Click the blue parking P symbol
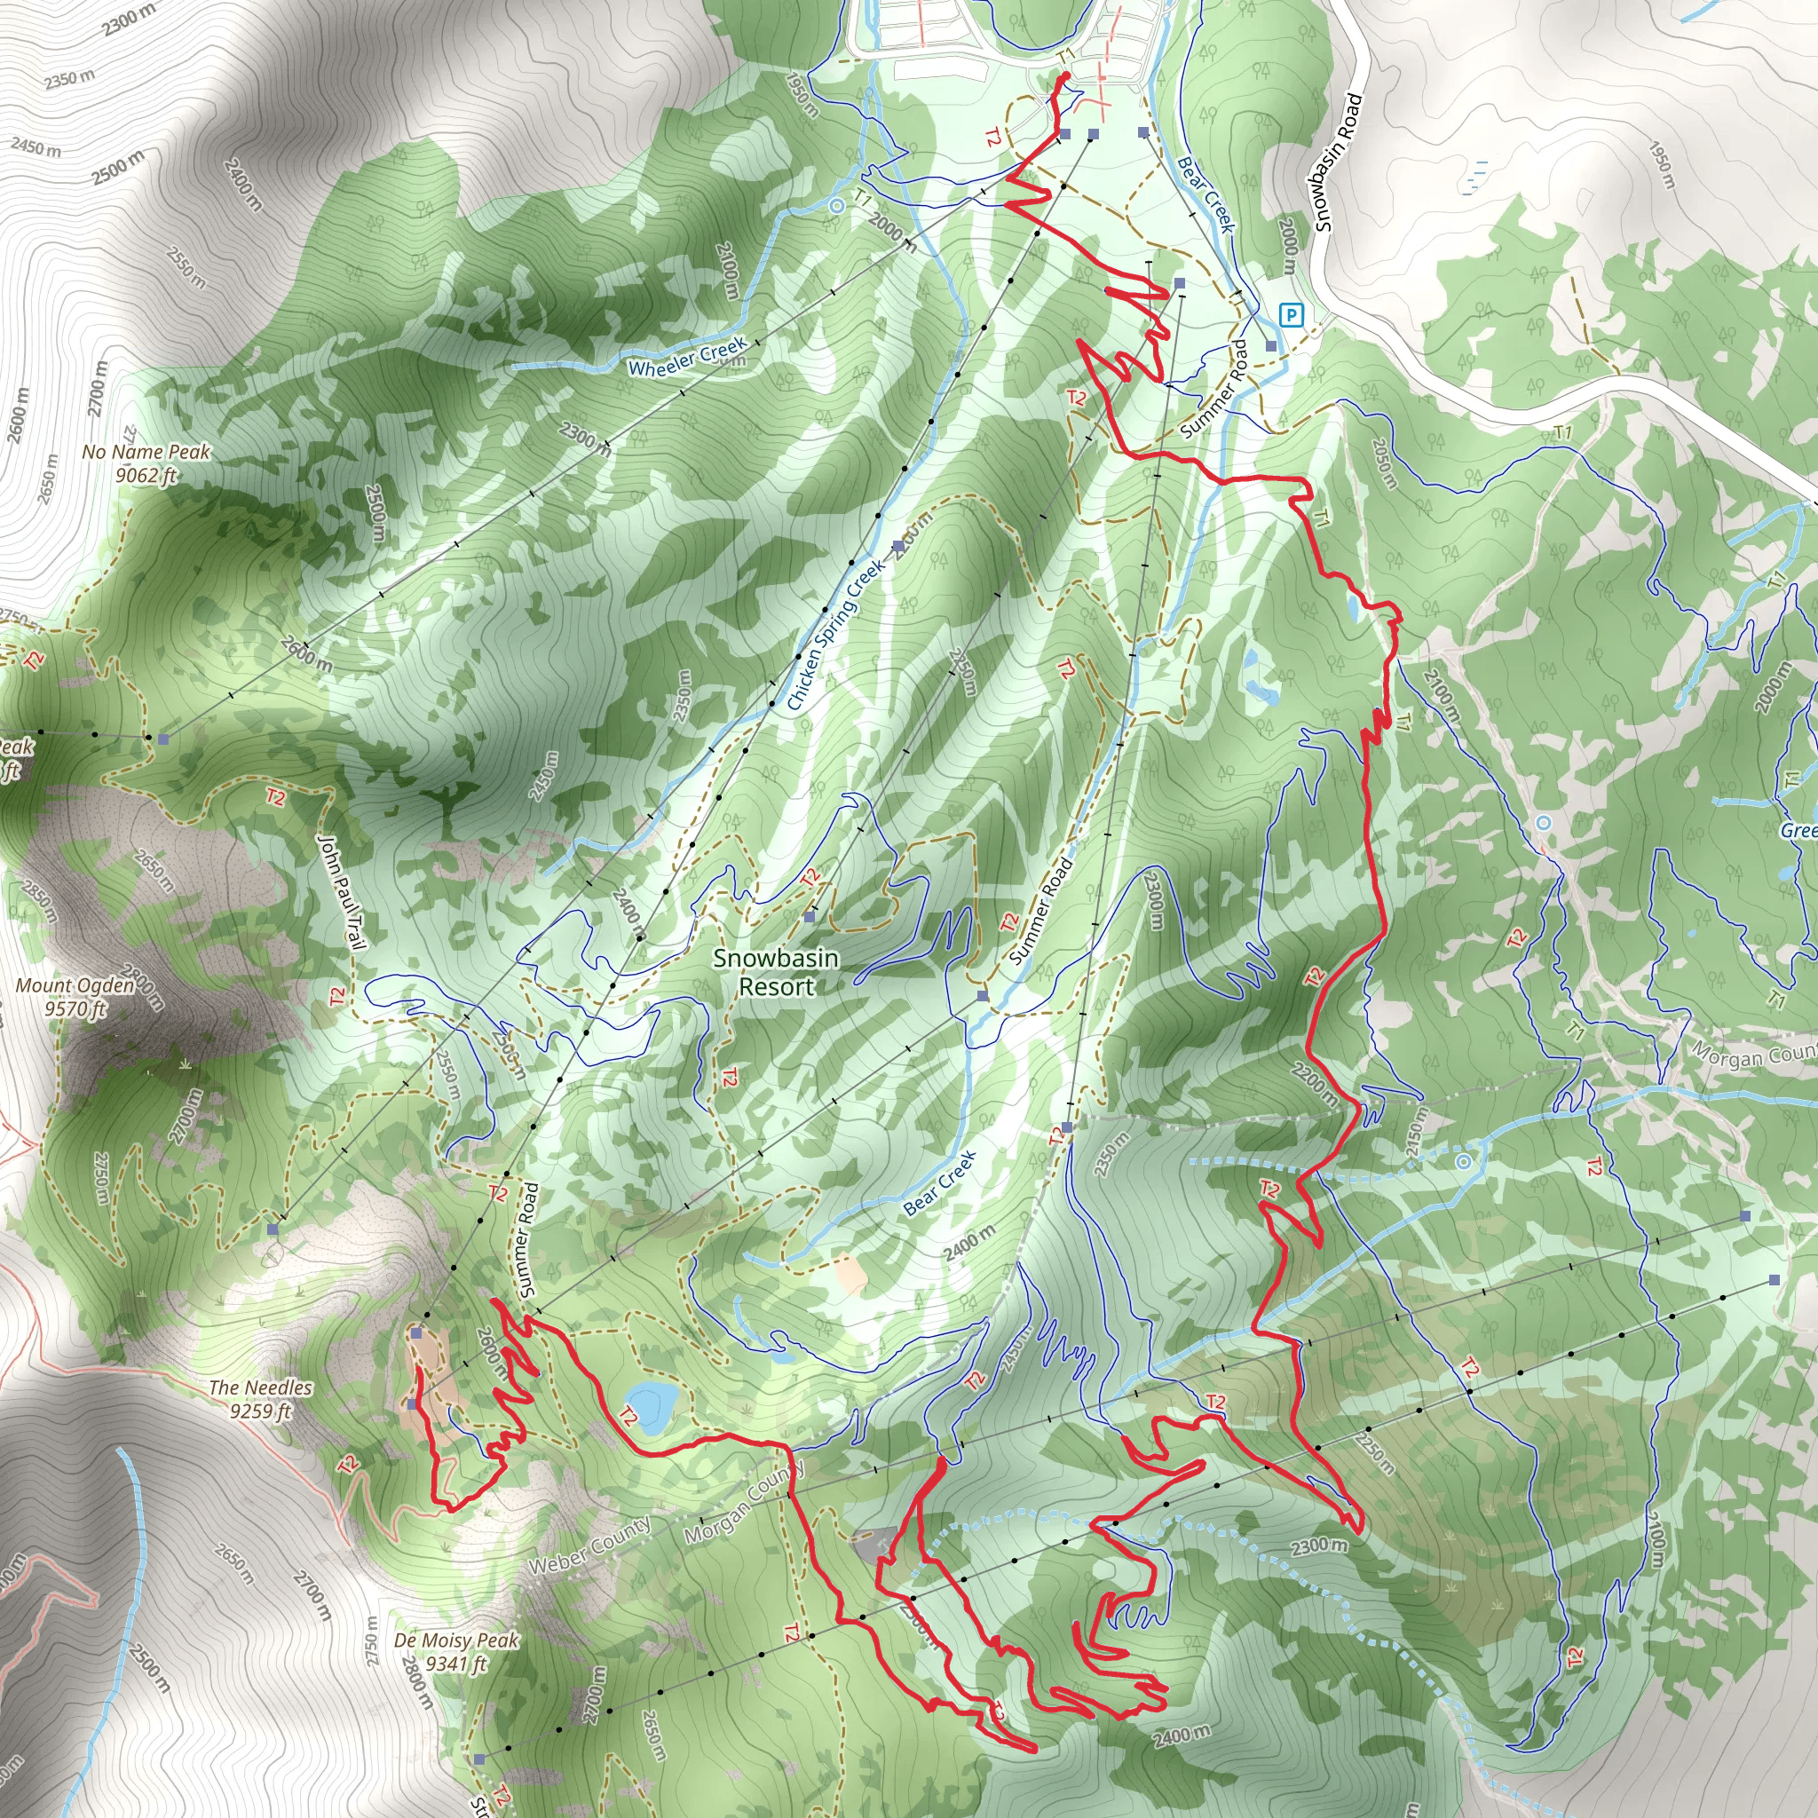[x=1292, y=314]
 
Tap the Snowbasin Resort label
[x=775, y=972]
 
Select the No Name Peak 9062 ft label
[x=146, y=463]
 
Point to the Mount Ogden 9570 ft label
[x=75, y=997]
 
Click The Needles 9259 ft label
[x=260, y=1398]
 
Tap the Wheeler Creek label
[x=687, y=357]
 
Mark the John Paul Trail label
[x=341, y=891]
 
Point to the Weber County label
[x=589, y=1545]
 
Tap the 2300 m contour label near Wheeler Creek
[x=585, y=439]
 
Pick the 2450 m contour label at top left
[x=36, y=146]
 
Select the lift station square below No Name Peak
[x=163, y=739]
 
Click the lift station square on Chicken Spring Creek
[x=898, y=546]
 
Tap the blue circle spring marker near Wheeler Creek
[x=836, y=204]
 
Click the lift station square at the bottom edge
[x=479, y=1759]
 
